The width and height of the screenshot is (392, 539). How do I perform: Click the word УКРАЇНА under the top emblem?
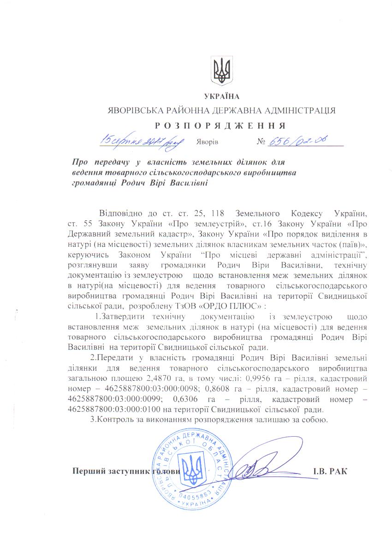tap(222, 96)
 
